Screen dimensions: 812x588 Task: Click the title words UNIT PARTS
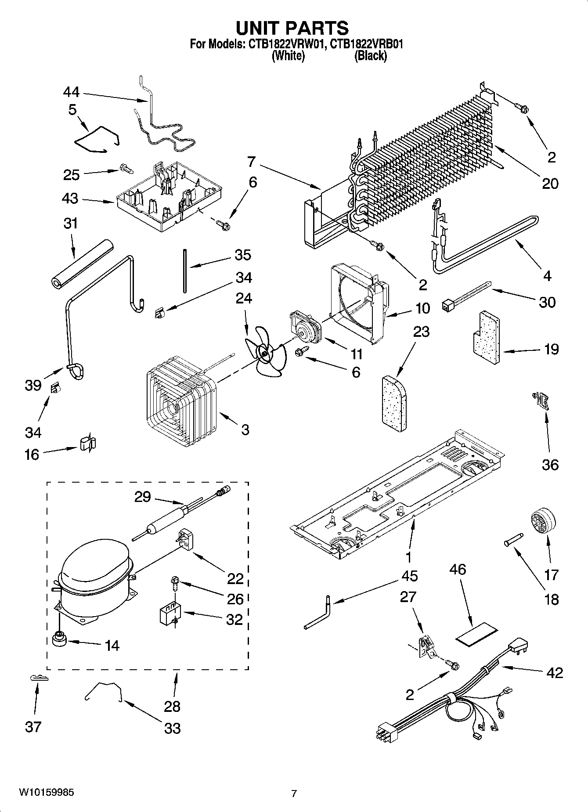pyautogui.click(x=292, y=28)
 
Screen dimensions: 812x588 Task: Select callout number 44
pyautogui.click(x=71, y=92)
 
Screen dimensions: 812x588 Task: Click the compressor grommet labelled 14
pyautogui.click(x=58, y=639)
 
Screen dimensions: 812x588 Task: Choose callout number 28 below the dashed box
pyautogui.click(x=172, y=706)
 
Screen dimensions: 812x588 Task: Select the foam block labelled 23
pyautogui.click(x=394, y=401)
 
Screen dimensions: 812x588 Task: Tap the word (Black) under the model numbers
pyautogui.click(x=370, y=56)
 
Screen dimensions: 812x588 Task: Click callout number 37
pyautogui.click(x=33, y=726)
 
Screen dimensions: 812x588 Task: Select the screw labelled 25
pyautogui.click(x=124, y=167)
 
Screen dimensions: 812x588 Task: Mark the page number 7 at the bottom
pyautogui.click(x=294, y=793)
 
